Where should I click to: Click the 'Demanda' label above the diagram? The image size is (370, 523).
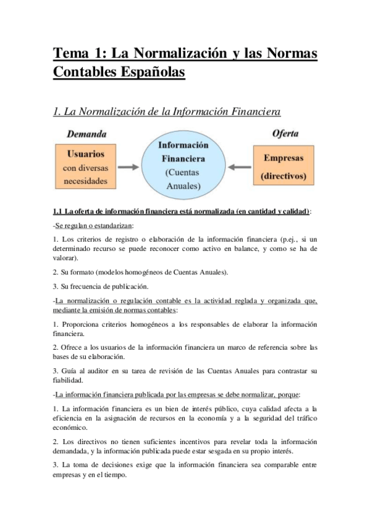point(86,134)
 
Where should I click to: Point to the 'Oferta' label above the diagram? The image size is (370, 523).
point(285,134)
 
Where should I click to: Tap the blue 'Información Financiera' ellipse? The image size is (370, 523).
point(183,162)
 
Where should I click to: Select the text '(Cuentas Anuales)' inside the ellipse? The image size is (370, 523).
point(183,179)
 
